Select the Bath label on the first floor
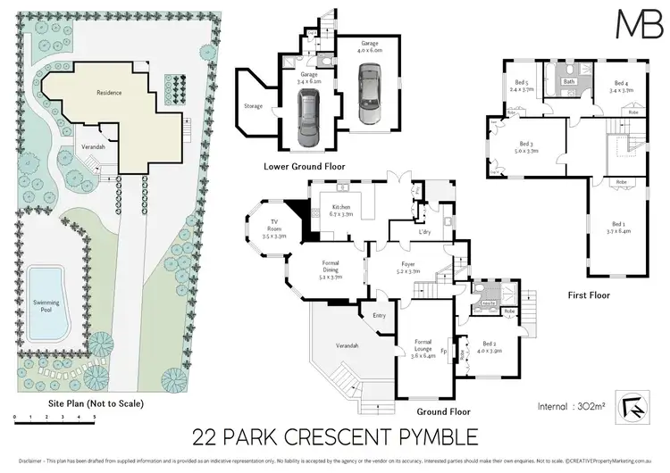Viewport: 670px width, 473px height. click(x=568, y=82)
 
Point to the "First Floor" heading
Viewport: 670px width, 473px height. click(x=588, y=294)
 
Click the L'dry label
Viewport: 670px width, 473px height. click(x=401, y=232)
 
